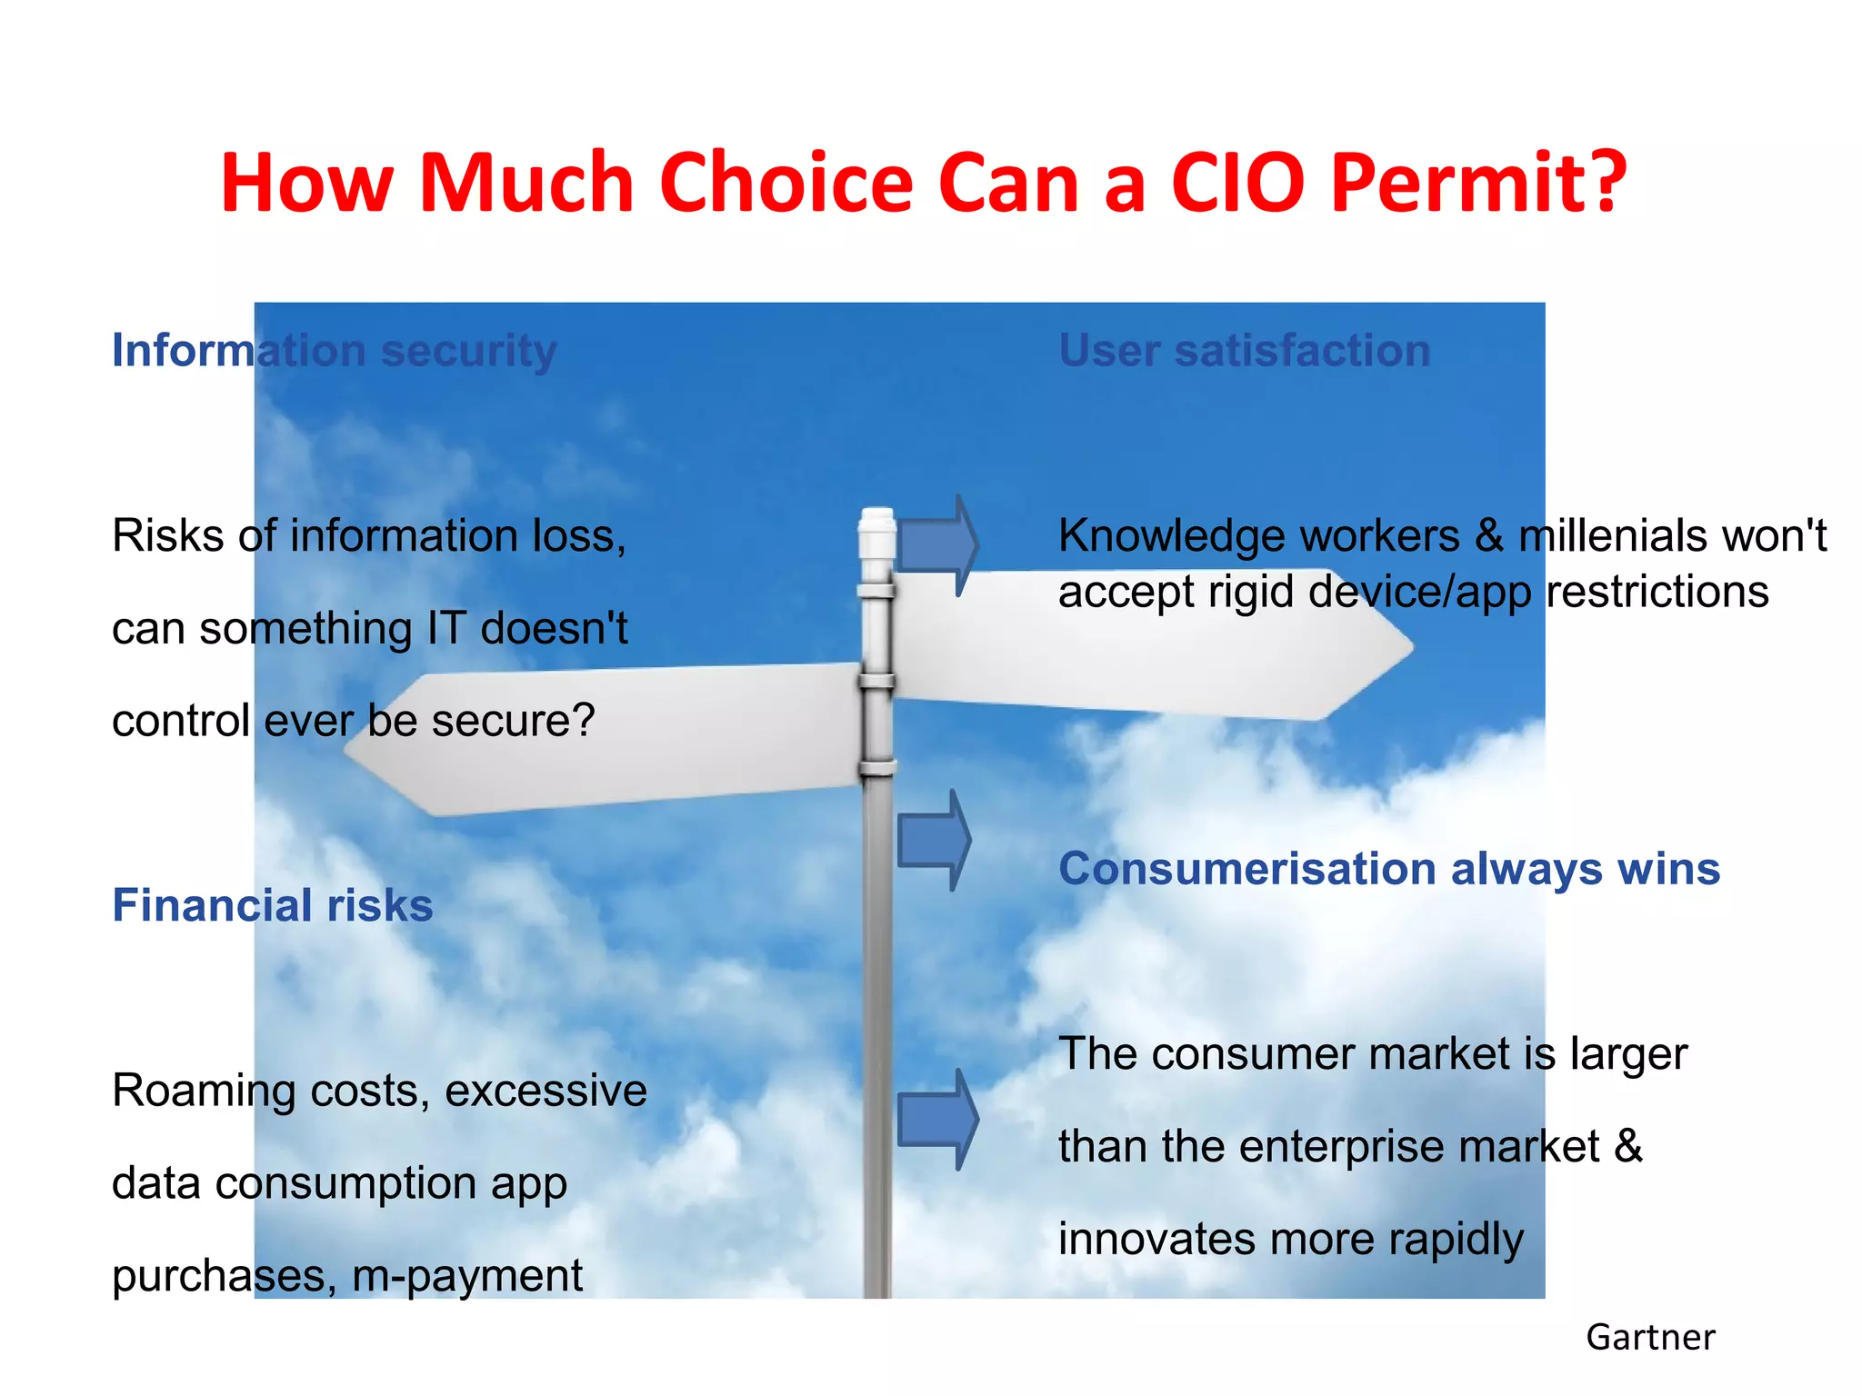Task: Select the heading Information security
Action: [x=334, y=351]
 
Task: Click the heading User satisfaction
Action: [x=1245, y=351]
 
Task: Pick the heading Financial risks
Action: [x=273, y=905]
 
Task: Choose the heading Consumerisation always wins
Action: [x=1389, y=869]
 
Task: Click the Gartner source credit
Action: [x=1650, y=1338]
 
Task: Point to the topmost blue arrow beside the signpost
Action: [x=939, y=545]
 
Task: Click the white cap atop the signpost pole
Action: [x=877, y=522]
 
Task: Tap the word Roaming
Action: [x=204, y=1092]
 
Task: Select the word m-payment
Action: [x=466, y=1276]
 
